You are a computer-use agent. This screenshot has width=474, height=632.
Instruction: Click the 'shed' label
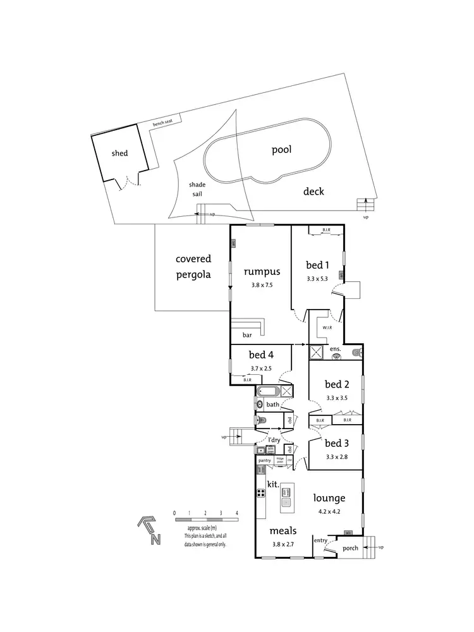click(x=119, y=153)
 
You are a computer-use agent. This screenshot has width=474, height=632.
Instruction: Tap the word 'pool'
click(x=281, y=150)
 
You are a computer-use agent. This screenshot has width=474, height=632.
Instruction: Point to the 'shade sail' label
click(x=197, y=190)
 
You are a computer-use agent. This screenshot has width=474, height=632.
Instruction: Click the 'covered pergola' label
click(x=193, y=267)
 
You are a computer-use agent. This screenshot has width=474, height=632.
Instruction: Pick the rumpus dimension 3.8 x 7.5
click(x=260, y=285)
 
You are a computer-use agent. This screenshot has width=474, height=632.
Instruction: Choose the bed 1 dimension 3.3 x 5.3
click(x=317, y=278)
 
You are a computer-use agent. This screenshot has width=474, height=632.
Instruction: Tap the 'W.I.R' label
click(x=327, y=327)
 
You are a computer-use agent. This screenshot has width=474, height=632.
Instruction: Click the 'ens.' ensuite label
click(x=335, y=348)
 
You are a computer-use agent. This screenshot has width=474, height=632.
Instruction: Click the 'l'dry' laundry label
click(x=274, y=439)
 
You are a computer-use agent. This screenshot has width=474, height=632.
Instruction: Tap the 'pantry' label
click(x=264, y=460)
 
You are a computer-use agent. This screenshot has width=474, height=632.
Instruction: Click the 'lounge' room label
click(x=328, y=498)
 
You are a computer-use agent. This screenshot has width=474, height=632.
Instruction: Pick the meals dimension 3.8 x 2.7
click(x=283, y=544)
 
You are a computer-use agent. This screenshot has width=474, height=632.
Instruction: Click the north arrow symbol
click(x=150, y=530)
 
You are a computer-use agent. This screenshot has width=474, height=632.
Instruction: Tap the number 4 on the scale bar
click(x=236, y=513)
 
